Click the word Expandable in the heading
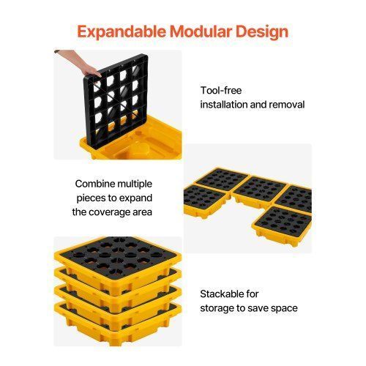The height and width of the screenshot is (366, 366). click(x=122, y=32)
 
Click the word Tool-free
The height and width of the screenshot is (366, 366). click(x=221, y=90)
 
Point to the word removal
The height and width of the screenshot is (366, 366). click(x=287, y=105)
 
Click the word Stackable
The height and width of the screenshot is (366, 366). click(x=222, y=294)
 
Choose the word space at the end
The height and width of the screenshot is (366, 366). click(x=284, y=309)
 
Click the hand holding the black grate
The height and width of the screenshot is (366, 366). click(x=81, y=62)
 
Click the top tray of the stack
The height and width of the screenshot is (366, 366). click(x=117, y=258)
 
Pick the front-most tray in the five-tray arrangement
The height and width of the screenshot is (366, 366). click(x=282, y=225)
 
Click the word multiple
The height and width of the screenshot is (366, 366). click(x=132, y=184)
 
